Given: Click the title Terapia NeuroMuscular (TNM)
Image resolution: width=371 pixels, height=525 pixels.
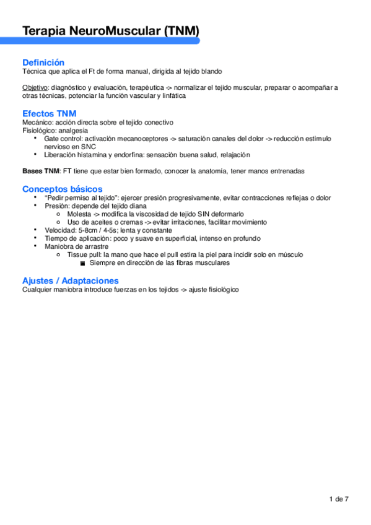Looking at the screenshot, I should (x=110, y=30).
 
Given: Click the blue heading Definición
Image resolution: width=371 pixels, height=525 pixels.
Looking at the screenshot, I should (x=43, y=63).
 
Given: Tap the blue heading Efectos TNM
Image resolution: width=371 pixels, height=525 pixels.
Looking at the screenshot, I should (x=50, y=113).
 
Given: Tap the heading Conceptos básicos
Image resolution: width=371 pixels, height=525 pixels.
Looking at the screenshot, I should (x=63, y=188).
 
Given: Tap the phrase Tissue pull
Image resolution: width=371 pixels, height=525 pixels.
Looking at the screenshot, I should (x=85, y=254).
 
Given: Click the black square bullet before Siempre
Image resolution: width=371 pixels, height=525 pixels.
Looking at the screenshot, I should (x=82, y=262).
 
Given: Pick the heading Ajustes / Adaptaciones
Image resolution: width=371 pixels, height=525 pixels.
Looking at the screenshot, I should (x=70, y=280).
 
